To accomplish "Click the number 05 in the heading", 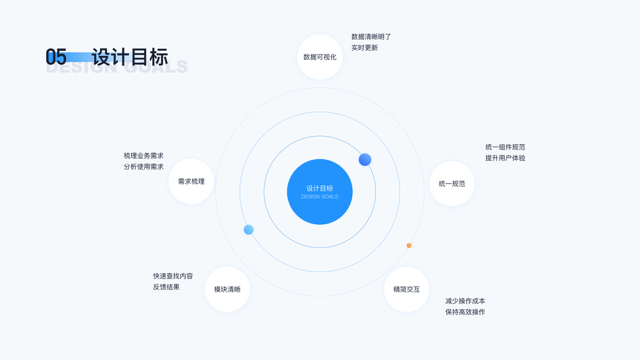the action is click(56, 57).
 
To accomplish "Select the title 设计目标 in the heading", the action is click(130, 56).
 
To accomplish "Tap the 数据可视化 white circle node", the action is click(320, 57).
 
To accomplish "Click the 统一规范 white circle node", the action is click(452, 184).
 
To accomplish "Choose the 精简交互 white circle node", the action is click(407, 289).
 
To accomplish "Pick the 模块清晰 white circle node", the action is click(227, 289).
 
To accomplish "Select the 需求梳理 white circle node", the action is click(191, 181).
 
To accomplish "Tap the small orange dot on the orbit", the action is click(409, 245).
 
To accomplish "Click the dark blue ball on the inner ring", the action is click(365, 160).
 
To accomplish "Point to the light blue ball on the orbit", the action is click(248, 230).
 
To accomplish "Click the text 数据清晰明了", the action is click(371, 37).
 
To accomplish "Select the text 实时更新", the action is click(365, 48).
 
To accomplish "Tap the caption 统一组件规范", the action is click(505, 147).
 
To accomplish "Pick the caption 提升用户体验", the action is click(505, 158).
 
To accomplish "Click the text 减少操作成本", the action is click(465, 301).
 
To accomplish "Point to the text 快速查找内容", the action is click(173, 276).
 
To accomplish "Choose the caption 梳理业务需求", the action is click(143, 156).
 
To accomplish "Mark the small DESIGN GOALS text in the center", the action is click(320, 197).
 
